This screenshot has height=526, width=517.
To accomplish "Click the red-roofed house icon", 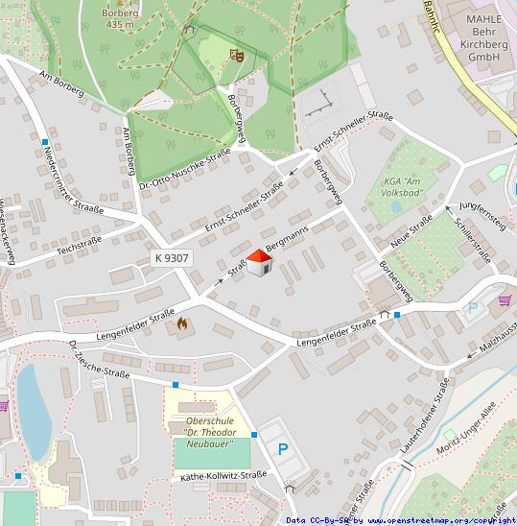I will pyautogui.click(x=258, y=264).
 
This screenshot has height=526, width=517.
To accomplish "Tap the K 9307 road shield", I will pyautogui.click(x=172, y=258).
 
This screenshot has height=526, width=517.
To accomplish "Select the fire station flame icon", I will pyautogui.click(x=182, y=324).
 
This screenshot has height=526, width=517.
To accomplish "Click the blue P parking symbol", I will pyautogui.click(x=283, y=448).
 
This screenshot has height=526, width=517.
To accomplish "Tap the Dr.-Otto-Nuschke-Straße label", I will pyautogui.click(x=184, y=167).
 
